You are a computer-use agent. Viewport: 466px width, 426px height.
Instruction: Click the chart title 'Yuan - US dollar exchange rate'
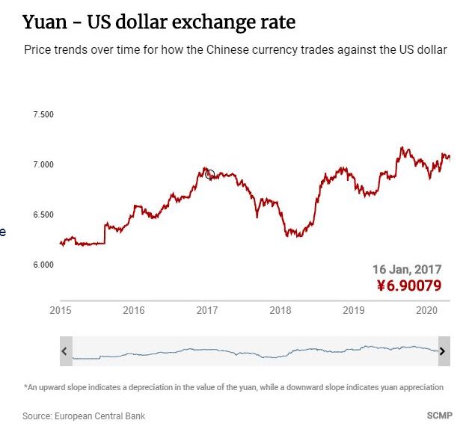(159, 22)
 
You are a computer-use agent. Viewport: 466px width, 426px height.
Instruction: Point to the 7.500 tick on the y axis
(43, 114)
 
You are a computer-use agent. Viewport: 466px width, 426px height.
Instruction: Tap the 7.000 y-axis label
(43, 164)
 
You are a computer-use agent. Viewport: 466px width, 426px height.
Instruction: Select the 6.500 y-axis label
(43, 214)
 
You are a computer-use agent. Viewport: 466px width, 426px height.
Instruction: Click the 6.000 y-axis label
(43, 265)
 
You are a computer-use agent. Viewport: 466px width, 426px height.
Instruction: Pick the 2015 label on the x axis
(60, 310)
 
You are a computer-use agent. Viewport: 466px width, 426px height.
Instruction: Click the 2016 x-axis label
(133, 310)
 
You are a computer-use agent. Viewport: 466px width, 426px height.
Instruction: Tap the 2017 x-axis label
(206, 310)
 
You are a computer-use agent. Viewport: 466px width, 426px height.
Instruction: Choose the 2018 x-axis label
(280, 310)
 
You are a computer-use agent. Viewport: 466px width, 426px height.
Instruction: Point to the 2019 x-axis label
(353, 310)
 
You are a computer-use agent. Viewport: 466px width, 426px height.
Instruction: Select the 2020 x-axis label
(426, 310)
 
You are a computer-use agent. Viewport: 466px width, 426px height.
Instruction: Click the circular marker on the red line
(209, 175)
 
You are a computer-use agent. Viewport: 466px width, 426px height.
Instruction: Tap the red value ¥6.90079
(408, 285)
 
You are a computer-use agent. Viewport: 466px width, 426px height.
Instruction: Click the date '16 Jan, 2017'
(407, 269)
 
